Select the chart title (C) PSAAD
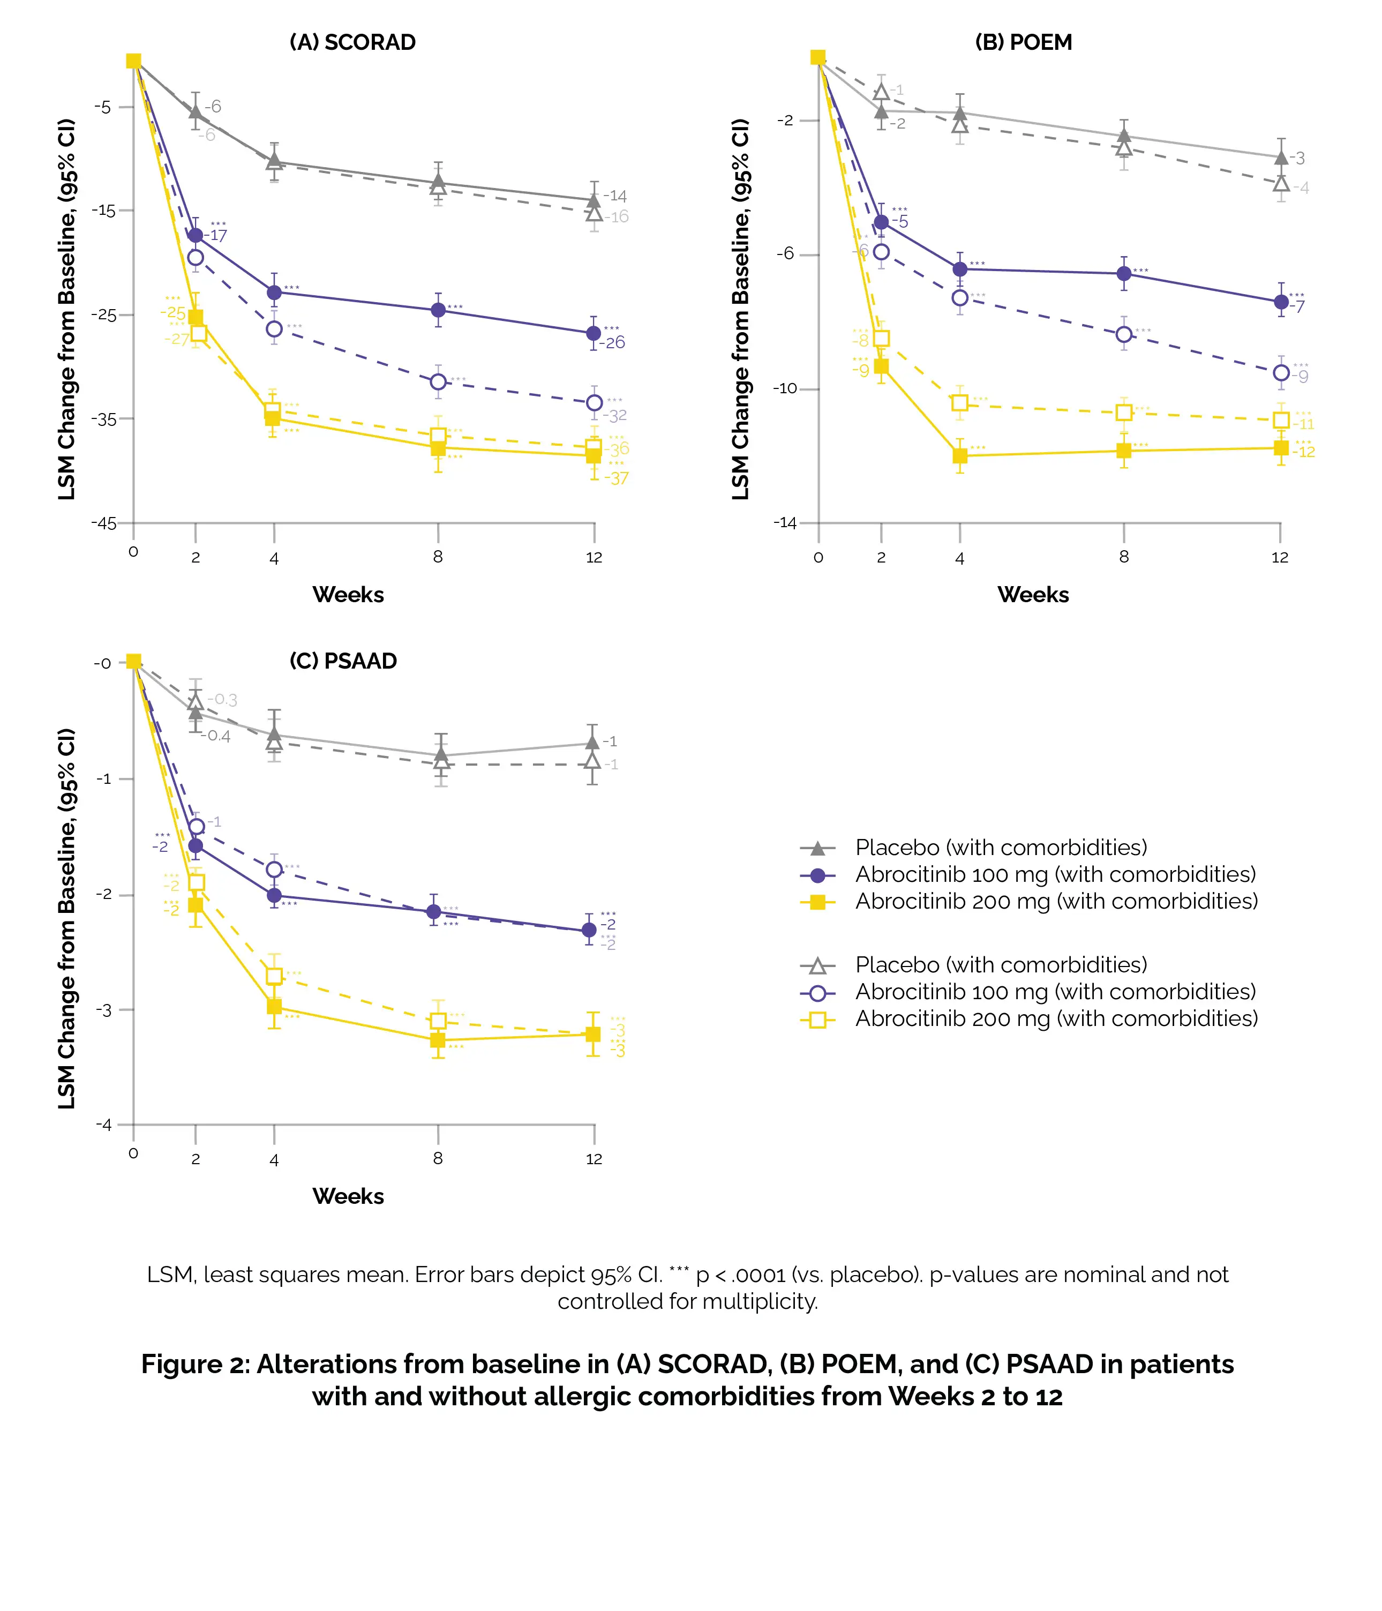(343, 661)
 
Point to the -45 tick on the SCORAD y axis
(103, 523)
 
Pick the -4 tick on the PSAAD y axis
(103, 1125)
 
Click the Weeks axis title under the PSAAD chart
(348, 1196)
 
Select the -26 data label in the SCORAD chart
(614, 343)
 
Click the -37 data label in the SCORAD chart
(617, 479)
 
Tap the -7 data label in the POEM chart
(1297, 306)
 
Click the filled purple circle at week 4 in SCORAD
(274, 293)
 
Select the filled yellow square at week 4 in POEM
(960, 455)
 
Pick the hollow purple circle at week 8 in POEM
(1123, 334)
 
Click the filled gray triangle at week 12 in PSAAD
(592, 743)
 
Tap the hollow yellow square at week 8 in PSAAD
(438, 1021)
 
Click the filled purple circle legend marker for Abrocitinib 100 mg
(818, 875)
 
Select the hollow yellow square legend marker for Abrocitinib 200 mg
(818, 1020)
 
